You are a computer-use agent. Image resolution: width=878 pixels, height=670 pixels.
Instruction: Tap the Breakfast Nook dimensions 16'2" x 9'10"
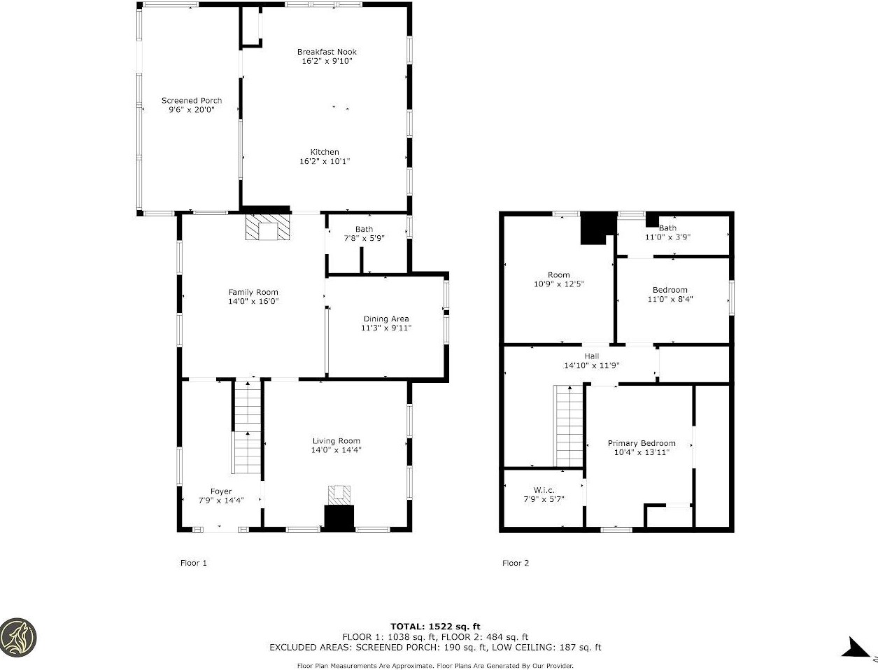(x=327, y=61)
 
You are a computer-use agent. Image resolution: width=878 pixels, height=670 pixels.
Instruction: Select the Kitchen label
(x=325, y=152)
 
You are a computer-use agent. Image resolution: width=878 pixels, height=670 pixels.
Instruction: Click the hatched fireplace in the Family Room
(x=268, y=227)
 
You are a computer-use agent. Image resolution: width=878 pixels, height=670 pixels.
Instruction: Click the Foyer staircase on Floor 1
(x=248, y=426)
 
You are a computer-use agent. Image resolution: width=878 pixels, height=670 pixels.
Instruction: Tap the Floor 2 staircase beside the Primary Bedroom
(x=568, y=426)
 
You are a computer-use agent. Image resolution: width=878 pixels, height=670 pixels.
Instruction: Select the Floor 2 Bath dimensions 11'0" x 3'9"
(x=667, y=237)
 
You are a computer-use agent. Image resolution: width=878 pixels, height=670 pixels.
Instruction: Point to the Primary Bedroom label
(x=642, y=443)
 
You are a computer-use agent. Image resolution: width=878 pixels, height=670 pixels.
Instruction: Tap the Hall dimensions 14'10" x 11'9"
(x=592, y=365)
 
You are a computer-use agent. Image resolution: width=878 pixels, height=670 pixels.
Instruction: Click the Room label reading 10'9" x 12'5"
(x=559, y=279)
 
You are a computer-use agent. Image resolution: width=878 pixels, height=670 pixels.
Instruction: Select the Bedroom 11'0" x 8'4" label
(x=670, y=294)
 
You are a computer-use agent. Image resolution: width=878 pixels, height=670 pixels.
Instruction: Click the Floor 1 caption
(x=194, y=563)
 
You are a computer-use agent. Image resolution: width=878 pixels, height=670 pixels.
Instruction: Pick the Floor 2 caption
(x=516, y=563)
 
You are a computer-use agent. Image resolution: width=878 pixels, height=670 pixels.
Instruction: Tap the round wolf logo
(x=17, y=637)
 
